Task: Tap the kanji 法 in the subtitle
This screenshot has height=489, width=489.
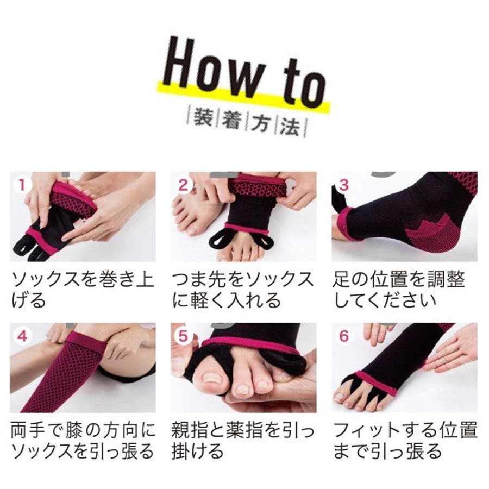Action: (290, 126)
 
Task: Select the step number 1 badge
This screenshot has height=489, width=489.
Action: (21, 185)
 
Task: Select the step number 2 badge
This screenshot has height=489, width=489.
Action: (183, 185)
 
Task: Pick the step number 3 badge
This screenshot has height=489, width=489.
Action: (343, 185)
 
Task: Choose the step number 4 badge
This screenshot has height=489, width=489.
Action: (22, 337)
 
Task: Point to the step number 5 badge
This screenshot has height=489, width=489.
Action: (183, 336)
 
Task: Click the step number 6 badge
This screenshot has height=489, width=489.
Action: (343, 336)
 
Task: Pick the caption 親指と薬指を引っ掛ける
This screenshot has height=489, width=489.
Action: (243, 441)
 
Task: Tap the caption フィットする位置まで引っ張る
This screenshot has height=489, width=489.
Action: (405, 441)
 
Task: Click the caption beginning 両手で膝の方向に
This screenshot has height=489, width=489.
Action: (83, 441)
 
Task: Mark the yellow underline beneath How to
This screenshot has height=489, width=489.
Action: (243, 97)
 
